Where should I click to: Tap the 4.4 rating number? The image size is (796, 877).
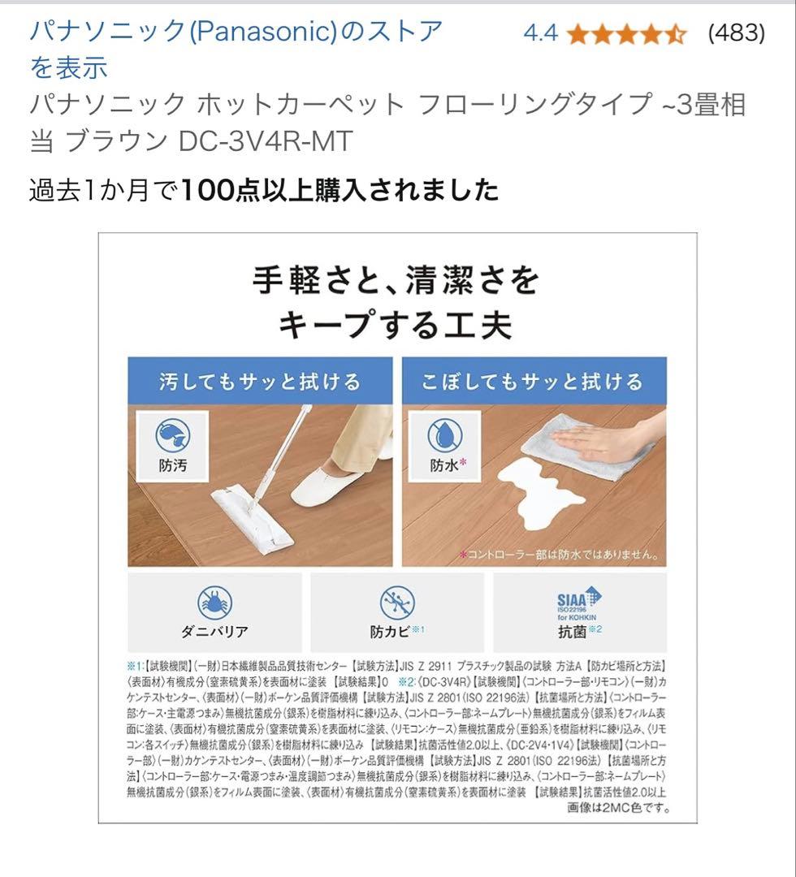click(540, 33)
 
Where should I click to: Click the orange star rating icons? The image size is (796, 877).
click(627, 34)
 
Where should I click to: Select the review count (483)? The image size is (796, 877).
click(736, 33)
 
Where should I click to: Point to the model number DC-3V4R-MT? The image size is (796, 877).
click(266, 141)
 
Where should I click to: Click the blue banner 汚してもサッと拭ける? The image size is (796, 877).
click(260, 382)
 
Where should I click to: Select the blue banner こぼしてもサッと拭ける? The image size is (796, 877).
click(534, 382)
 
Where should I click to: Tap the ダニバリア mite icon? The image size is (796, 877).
click(214, 603)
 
